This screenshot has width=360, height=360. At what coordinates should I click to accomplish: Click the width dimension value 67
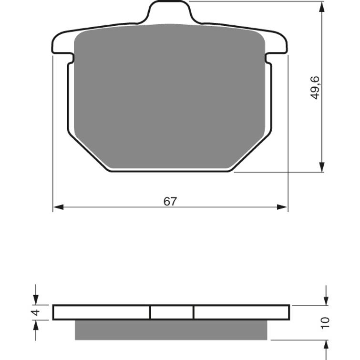click(170, 201)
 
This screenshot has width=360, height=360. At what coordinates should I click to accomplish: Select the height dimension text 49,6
click(315, 87)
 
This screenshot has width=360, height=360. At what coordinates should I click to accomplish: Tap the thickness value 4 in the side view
click(34, 313)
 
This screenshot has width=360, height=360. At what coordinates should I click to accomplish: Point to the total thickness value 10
click(325, 322)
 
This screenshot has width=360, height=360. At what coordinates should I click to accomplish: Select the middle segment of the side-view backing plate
click(172, 312)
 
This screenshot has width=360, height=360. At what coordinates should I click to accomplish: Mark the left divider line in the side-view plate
click(150, 312)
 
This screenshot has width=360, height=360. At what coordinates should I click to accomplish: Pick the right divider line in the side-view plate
click(194, 312)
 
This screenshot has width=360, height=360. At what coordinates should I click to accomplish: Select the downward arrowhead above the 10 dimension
click(326, 300)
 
